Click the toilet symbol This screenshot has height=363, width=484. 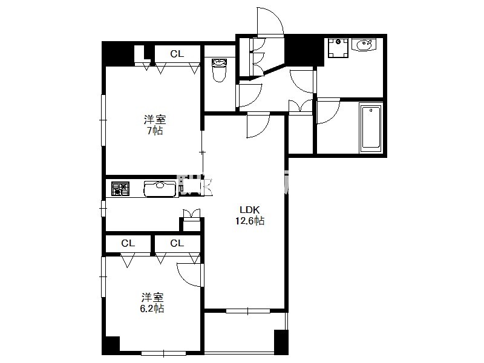[219, 70]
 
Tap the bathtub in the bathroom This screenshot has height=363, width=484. [371, 128]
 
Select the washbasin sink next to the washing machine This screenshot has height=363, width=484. [364, 45]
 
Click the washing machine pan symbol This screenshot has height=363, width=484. [338, 48]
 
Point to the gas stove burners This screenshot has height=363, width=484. [120, 189]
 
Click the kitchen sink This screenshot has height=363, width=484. [160, 189]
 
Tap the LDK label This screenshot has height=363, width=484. [250, 210]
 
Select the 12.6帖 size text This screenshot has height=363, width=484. [250, 221]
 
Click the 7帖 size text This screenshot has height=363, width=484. [155, 131]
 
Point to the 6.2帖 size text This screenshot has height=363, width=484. [152, 309]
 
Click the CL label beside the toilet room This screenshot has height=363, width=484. [177, 54]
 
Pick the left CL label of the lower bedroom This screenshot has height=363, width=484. [128, 244]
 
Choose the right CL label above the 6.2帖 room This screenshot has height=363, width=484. [177, 244]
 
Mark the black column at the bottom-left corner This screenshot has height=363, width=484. [111, 345]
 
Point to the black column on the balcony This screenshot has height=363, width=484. [281, 342]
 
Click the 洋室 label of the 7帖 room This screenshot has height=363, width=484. [155, 119]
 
